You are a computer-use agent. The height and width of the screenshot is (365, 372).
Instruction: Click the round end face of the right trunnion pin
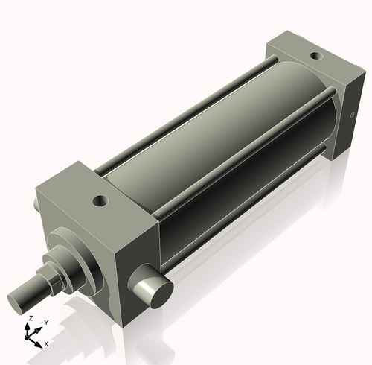(x=159, y=292)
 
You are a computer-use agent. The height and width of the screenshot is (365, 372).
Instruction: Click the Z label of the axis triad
(x=30, y=318)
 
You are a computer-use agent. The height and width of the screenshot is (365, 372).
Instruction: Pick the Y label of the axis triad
(x=45, y=323)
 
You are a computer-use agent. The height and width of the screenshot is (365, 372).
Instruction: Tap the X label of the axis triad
(x=46, y=343)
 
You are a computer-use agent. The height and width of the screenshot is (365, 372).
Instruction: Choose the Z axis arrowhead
(x=31, y=324)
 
